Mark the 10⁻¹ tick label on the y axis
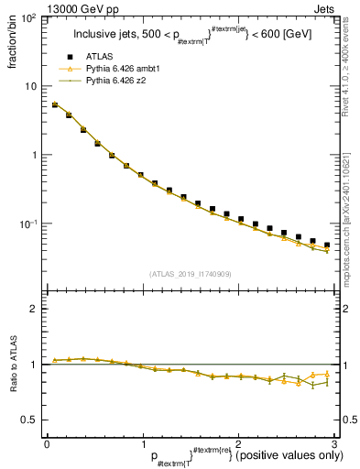(x=28, y=224)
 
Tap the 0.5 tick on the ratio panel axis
(x=30, y=420)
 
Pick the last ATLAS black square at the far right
(x=327, y=245)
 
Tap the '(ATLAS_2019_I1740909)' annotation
(x=190, y=274)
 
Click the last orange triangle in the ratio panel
(x=327, y=373)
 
